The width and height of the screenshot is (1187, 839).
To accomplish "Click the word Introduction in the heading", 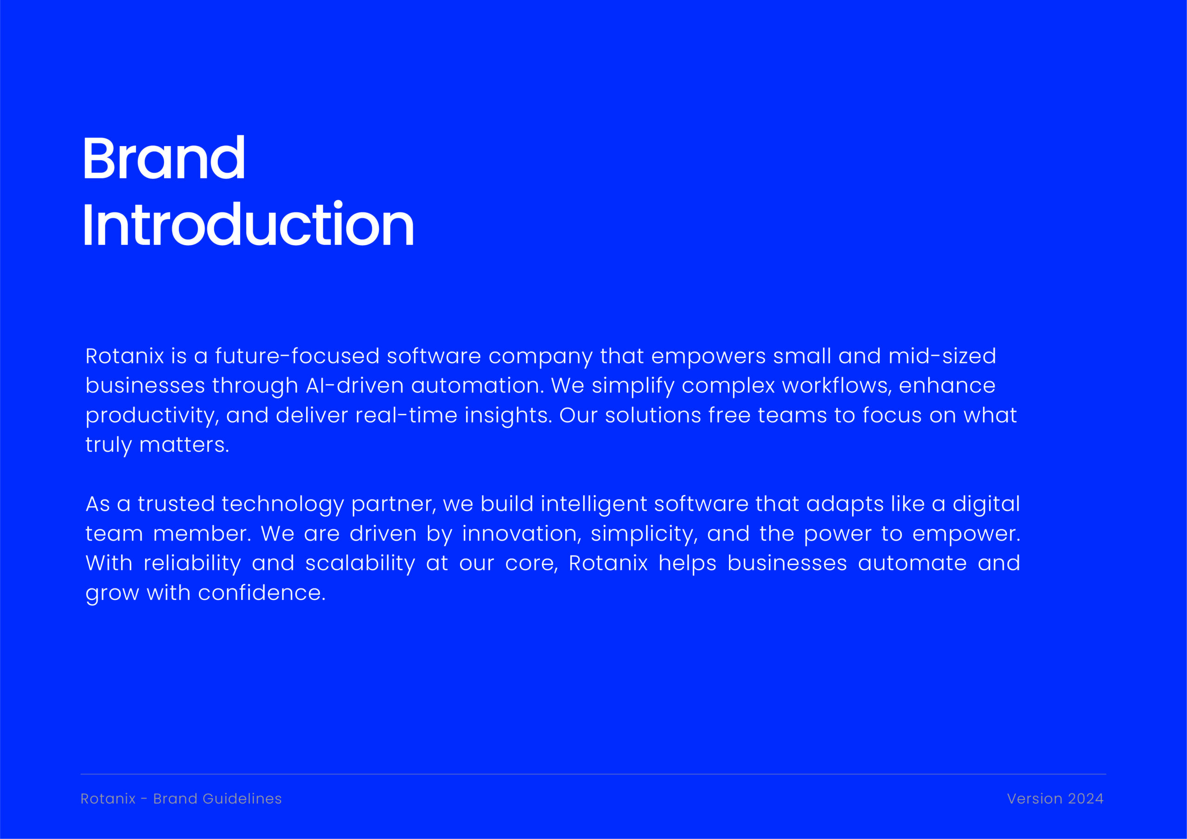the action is click(248, 224).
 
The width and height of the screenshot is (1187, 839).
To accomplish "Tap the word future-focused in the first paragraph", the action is click(297, 356).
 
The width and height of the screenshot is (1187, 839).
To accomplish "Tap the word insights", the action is click(508, 416).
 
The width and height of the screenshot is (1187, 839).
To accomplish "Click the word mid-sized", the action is click(942, 356).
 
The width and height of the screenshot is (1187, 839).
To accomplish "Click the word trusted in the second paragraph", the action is click(176, 504).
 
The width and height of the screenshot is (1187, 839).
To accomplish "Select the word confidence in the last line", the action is click(262, 593).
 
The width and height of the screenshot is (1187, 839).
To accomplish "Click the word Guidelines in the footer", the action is click(242, 799).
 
